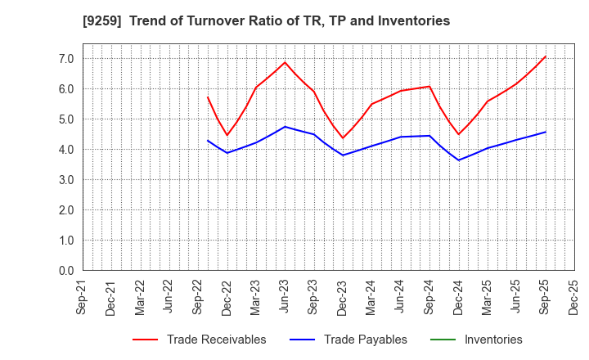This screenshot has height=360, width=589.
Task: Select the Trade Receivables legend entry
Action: pyautogui.click(x=216, y=340)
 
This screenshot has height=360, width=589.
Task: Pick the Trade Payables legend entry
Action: pyautogui.click(x=365, y=340)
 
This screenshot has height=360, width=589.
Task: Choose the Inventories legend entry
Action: pyautogui.click(x=492, y=340)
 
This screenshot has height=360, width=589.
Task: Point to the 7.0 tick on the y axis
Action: pyautogui.click(x=65, y=59)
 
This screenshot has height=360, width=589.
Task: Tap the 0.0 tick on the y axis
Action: pyautogui.click(x=65, y=271)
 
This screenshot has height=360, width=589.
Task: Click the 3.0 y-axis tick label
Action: pyautogui.click(x=65, y=180)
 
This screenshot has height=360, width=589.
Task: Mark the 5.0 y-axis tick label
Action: pyautogui.click(x=65, y=119)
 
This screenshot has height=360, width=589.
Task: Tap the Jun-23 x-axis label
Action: pyautogui.click(x=285, y=298)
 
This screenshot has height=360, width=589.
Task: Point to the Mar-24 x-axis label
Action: pyautogui.click(x=371, y=298)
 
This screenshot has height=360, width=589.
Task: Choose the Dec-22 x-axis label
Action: pyautogui.click(x=227, y=298)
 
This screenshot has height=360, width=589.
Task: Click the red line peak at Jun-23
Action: pyautogui.click(x=285, y=62)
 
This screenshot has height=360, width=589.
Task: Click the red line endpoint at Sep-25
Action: pyautogui.click(x=546, y=56)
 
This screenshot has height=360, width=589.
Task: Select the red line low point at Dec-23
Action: pyautogui.click(x=343, y=138)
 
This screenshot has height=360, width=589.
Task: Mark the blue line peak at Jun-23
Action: pyautogui.click(x=285, y=127)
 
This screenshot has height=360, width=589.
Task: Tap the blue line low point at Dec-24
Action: pyautogui.click(x=458, y=160)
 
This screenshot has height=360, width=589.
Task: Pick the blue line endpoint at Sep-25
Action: pyautogui.click(x=546, y=132)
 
